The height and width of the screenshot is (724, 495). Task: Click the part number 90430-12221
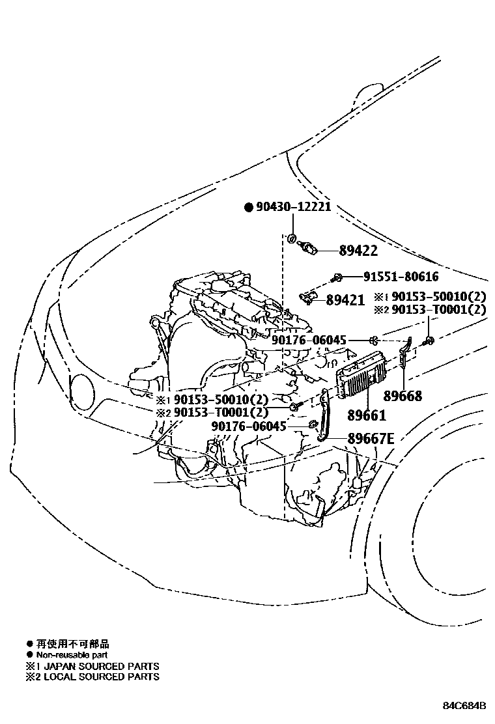[294, 207]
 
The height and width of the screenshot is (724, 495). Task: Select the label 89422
[358, 251]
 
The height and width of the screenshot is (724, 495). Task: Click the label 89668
[403, 396]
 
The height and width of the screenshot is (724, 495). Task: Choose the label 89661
[367, 415]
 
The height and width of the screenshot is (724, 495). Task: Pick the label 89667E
[369, 439]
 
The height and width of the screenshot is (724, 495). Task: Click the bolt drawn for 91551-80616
[335, 278]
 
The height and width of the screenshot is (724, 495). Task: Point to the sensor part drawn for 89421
[307, 298]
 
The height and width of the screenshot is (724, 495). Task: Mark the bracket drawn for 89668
[405, 355]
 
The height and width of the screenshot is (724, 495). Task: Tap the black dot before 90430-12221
[247, 208]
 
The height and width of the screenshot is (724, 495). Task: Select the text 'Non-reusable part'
[72, 654]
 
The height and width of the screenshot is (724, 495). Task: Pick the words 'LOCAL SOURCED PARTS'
[100, 676]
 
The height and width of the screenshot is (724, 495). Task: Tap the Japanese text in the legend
[72, 643]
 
